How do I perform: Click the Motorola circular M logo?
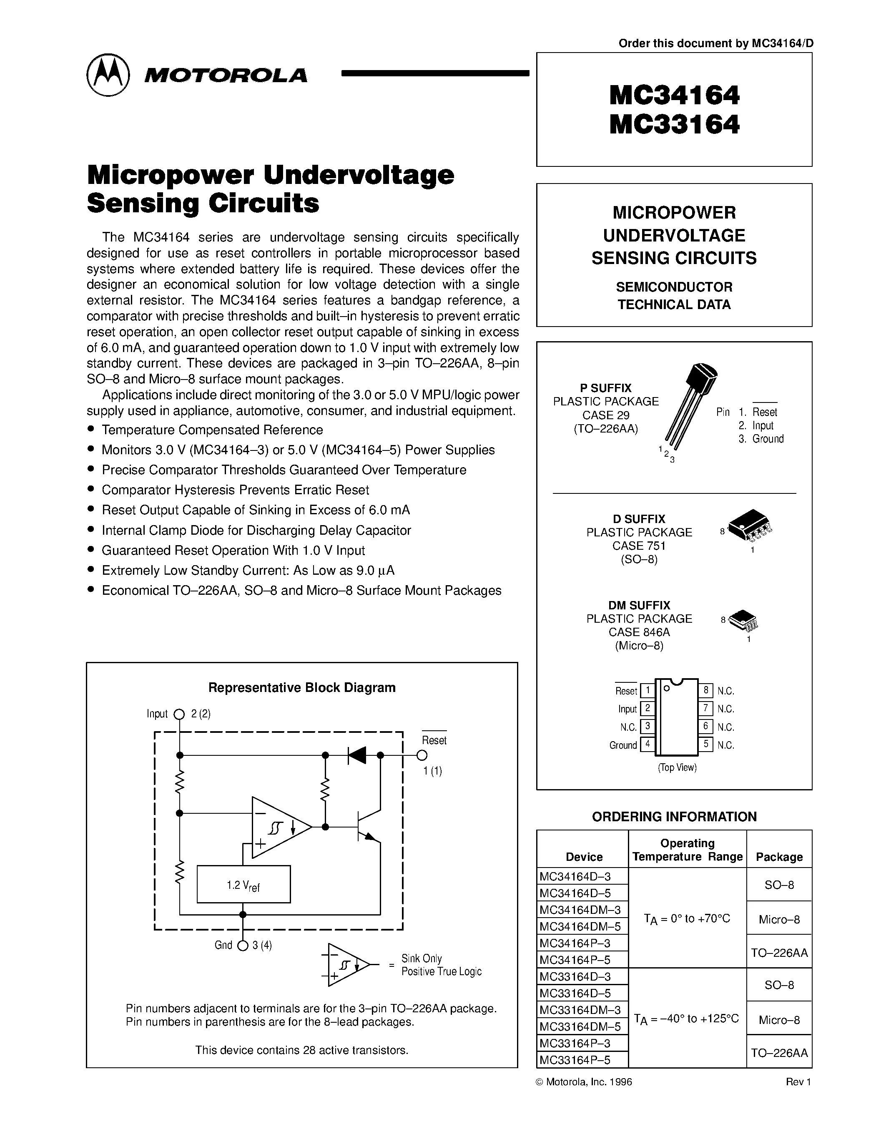point(108,75)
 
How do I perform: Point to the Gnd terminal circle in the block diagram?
point(243,945)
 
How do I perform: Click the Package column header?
point(779,857)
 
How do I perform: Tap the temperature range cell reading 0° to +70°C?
point(687,918)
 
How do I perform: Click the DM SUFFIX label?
point(639,605)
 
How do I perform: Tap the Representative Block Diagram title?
point(302,687)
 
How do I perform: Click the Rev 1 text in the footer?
point(798,1082)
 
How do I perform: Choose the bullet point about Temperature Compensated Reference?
point(212,430)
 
